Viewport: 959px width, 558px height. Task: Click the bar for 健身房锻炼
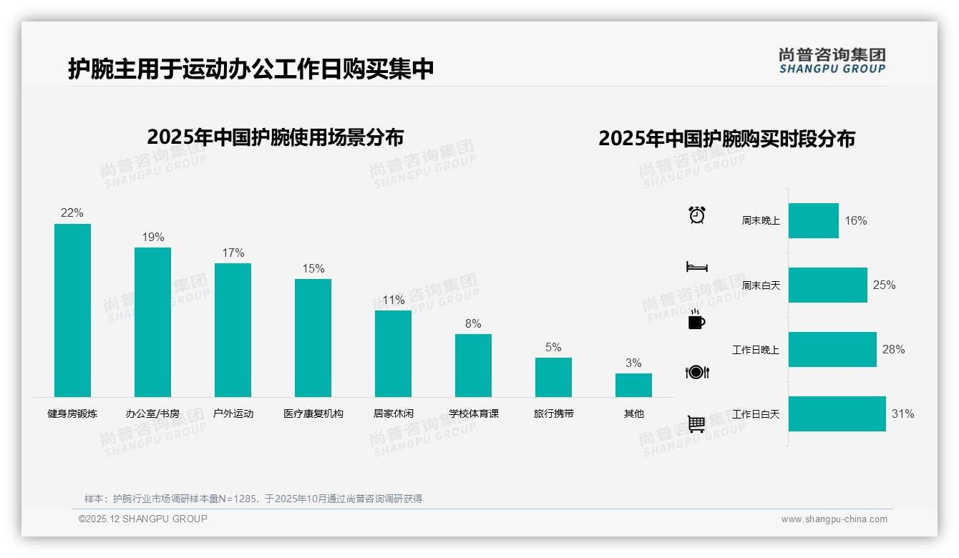point(72,310)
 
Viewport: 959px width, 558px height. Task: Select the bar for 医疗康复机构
point(313,338)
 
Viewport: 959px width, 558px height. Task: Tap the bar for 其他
point(633,385)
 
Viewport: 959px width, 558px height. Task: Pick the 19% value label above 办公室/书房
point(152,238)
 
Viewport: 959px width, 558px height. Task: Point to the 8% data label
point(473,324)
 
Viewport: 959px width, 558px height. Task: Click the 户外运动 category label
point(233,413)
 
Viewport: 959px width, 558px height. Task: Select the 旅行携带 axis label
point(553,413)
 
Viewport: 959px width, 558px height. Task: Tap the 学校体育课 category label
point(473,413)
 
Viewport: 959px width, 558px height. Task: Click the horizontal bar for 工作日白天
point(837,413)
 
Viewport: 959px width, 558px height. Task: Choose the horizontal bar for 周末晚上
point(813,220)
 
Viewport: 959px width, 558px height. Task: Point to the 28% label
point(893,350)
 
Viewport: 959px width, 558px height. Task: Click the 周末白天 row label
point(760,285)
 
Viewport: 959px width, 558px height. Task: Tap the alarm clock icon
point(696,215)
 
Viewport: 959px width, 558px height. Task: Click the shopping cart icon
point(696,424)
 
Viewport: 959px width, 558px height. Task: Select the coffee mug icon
point(696,320)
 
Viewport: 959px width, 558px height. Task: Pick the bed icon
point(696,267)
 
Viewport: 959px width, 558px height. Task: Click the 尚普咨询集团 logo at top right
point(832,61)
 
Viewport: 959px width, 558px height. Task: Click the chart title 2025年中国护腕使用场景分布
point(276,137)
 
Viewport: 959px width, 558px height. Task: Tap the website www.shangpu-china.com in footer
point(834,519)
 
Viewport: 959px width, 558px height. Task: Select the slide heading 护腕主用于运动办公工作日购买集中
point(250,69)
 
